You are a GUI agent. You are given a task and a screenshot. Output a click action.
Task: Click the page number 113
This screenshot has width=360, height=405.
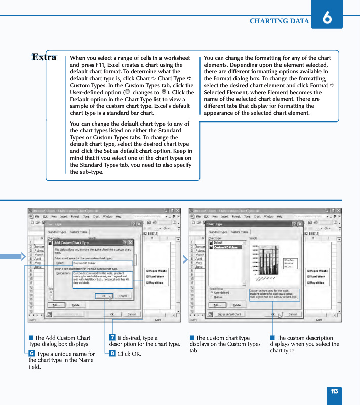pyautogui.click(x=334, y=391)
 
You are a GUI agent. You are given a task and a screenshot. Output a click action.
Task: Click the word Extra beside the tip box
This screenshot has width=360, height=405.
pyautogui.click(x=44, y=57)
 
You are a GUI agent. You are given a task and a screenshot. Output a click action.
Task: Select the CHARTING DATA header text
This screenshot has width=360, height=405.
pyautogui.click(x=279, y=21)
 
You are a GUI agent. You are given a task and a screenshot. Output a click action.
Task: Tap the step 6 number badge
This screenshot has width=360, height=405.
pyautogui.click(x=32, y=353)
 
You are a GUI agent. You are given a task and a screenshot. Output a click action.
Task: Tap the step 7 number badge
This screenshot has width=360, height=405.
pyautogui.click(x=112, y=338)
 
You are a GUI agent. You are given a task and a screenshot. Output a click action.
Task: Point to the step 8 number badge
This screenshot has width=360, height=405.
pyautogui.click(x=112, y=353)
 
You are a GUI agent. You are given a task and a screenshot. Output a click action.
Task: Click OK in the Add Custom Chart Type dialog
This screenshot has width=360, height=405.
pyautogui.click(x=103, y=296)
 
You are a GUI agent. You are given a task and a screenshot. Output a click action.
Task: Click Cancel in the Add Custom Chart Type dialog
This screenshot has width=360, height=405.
pyautogui.click(x=123, y=296)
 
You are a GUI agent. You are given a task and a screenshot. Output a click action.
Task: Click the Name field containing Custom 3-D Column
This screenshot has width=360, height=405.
pyautogui.click(x=102, y=263)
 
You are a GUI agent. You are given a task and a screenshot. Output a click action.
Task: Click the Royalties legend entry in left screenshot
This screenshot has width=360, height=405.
pyautogui.click(x=155, y=283)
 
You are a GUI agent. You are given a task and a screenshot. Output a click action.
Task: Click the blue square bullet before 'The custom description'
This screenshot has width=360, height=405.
pyautogui.click(x=272, y=338)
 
